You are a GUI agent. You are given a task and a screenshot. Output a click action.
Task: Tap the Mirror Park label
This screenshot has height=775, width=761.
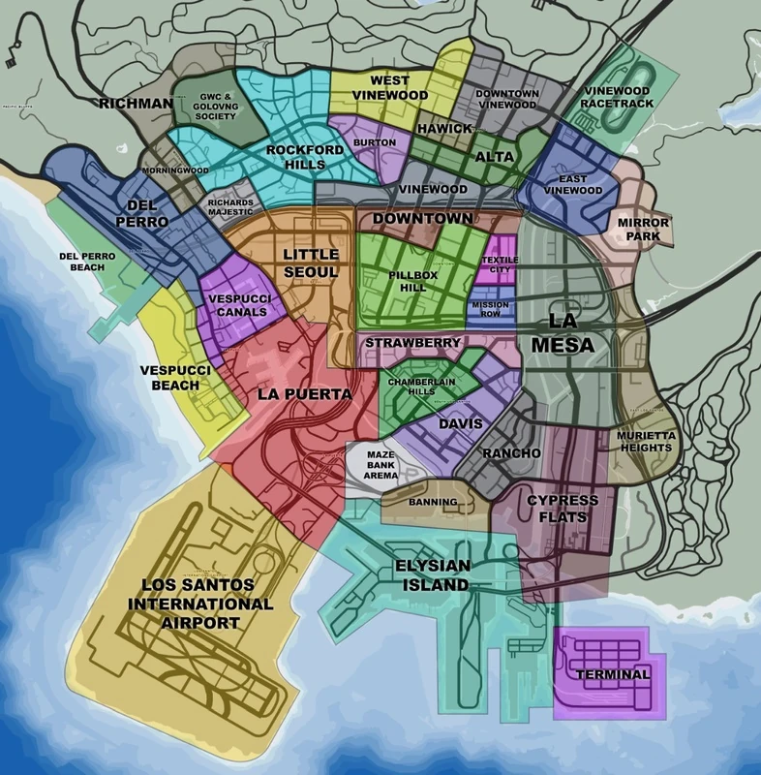pos(644,229)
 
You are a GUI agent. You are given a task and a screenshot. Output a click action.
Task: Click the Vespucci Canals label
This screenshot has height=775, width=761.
pos(238,306)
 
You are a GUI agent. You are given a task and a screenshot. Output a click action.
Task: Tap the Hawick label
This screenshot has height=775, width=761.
pos(444,128)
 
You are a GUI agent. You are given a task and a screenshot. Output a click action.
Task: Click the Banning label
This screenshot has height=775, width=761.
pos(428,503)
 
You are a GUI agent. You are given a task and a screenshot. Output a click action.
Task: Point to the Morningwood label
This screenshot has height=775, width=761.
pos(175,170)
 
